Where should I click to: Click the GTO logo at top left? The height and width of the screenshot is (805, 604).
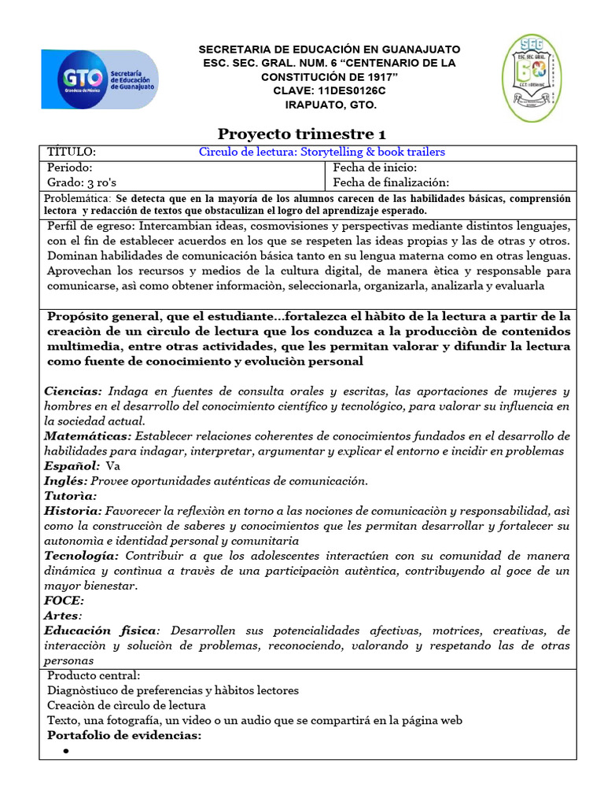[x=99, y=79]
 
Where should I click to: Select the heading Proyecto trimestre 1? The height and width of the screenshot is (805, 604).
[x=301, y=134]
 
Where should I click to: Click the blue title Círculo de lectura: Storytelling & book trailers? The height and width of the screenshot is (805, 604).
[x=321, y=152]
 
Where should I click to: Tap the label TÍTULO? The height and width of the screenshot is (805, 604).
[x=72, y=152]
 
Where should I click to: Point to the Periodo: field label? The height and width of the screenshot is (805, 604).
[x=70, y=167]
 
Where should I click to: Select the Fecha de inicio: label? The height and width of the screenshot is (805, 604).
[x=375, y=167]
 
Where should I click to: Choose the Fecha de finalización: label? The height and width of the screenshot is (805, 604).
[x=391, y=182]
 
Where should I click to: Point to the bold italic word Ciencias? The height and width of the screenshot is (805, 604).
[x=73, y=391]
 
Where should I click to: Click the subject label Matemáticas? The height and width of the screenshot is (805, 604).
[x=89, y=436]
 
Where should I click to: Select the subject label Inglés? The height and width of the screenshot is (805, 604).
[x=66, y=480]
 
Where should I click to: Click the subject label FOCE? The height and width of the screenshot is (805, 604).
[x=64, y=600]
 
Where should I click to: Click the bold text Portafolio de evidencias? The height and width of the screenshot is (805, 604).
[x=124, y=735]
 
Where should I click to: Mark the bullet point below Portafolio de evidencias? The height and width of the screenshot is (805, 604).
[x=66, y=752]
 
